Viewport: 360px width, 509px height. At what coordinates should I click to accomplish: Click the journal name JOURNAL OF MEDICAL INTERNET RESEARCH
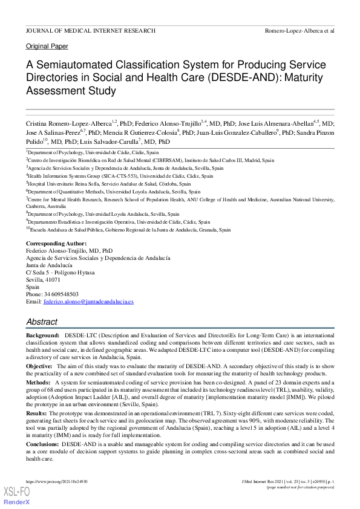90,30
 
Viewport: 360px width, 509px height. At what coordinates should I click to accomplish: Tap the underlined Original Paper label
47,47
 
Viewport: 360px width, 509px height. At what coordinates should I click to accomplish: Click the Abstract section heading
42,322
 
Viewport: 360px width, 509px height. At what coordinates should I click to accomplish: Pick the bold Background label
42,335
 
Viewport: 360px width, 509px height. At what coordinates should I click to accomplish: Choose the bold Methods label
38,383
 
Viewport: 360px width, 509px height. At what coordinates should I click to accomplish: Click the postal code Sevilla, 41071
43,280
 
